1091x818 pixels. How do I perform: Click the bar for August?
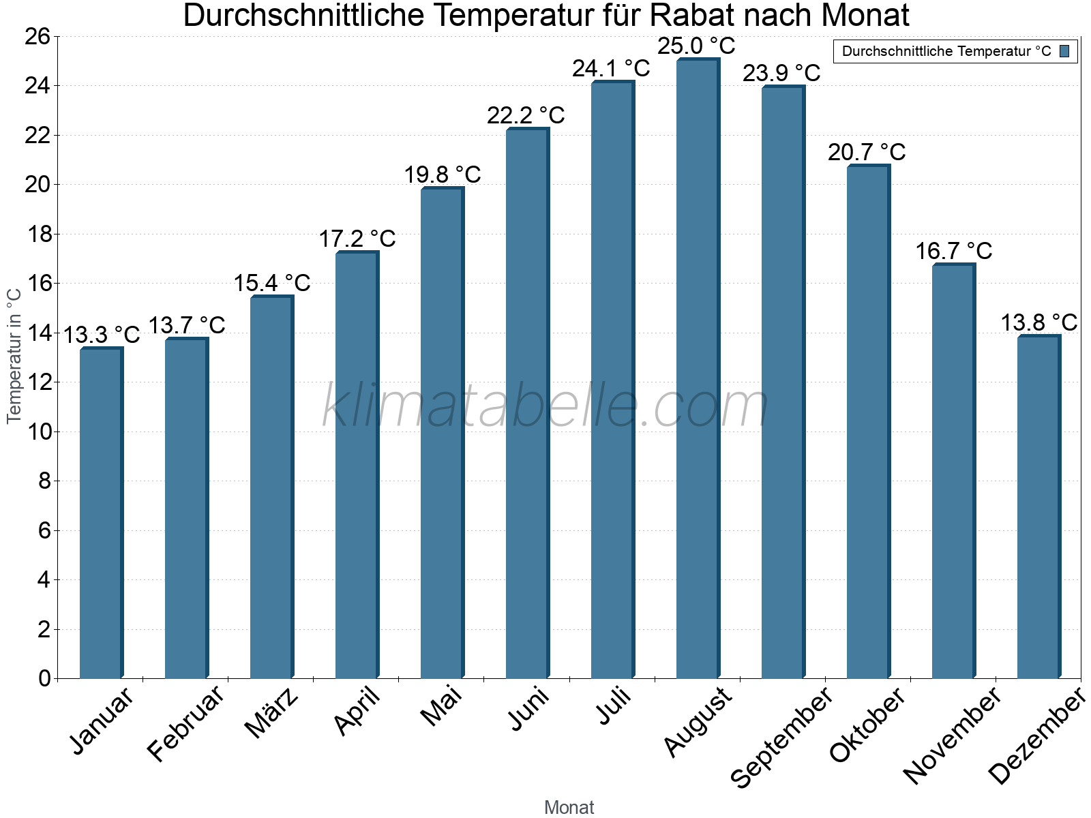(x=698, y=368)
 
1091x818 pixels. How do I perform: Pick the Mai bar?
(x=442, y=433)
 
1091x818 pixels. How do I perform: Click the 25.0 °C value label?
(x=696, y=46)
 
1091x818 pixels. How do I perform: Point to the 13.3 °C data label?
(x=101, y=335)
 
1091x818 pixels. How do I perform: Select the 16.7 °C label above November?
(x=953, y=251)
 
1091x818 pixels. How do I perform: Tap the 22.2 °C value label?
(x=526, y=115)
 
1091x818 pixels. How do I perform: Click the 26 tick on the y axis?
(x=38, y=36)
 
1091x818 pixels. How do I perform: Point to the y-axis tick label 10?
(x=38, y=431)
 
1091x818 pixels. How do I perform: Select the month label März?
(x=271, y=713)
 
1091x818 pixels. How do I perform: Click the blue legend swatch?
(x=1064, y=51)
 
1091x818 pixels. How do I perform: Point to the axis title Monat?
(x=569, y=808)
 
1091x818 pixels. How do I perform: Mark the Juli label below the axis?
(x=614, y=706)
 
